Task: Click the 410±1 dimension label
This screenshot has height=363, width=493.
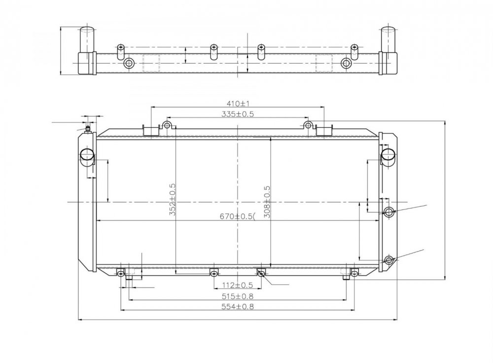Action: tap(238, 103)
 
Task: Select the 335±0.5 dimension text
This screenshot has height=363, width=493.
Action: tap(238, 114)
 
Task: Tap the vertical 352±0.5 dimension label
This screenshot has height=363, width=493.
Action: tap(172, 199)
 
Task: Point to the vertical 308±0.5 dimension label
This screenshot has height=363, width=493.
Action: tap(267, 202)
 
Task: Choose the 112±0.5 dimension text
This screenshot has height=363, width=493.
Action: tap(238, 285)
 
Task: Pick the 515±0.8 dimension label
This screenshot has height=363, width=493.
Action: tap(238, 296)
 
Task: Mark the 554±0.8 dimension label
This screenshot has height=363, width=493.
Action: tap(238, 306)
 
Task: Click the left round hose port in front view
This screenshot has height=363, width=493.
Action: tap(87, 154)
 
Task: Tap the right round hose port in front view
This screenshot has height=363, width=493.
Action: tap(388, 155)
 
